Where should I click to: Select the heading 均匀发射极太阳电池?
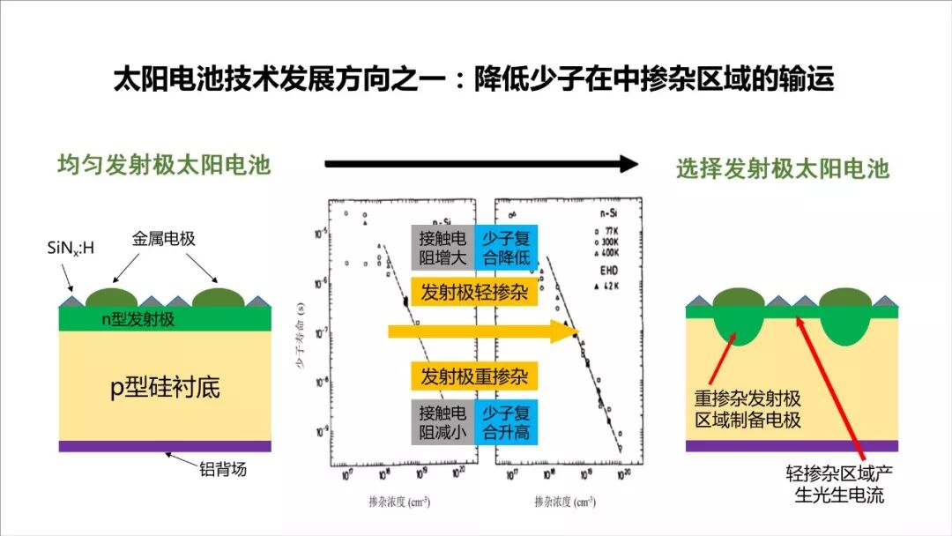pyautogui.click(x=164, y=165)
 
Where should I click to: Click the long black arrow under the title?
pyautogui.click(x=480, y=163)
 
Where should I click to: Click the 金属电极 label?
pyautogui.click(x=164, y=238)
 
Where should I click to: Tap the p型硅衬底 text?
pyautogui.click(x=165, y=386)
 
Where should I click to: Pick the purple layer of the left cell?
pyautogui.click(x=165, y=446)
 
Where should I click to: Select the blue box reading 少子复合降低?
pyautogui.click(x=506, y=247)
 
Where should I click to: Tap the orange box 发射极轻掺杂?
pyautogui.click(x=474, y=293)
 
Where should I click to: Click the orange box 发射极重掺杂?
pyautogui.click(x=474, y=377)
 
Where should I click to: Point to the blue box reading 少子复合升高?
pyautogui.click(x=506, y=422)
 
